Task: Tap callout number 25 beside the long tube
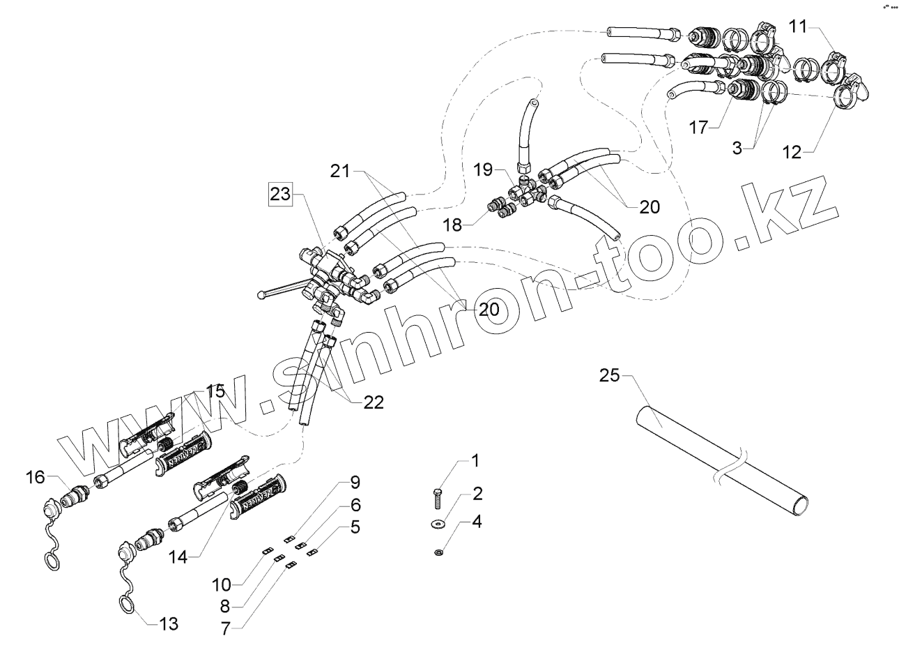608,377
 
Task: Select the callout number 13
168,623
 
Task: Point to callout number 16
36,477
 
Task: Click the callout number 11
798,27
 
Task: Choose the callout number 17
698,128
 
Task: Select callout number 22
373,402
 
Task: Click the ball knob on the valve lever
261,295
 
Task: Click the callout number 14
177,557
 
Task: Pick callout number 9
355,481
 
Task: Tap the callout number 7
225,627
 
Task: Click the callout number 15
216,392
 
